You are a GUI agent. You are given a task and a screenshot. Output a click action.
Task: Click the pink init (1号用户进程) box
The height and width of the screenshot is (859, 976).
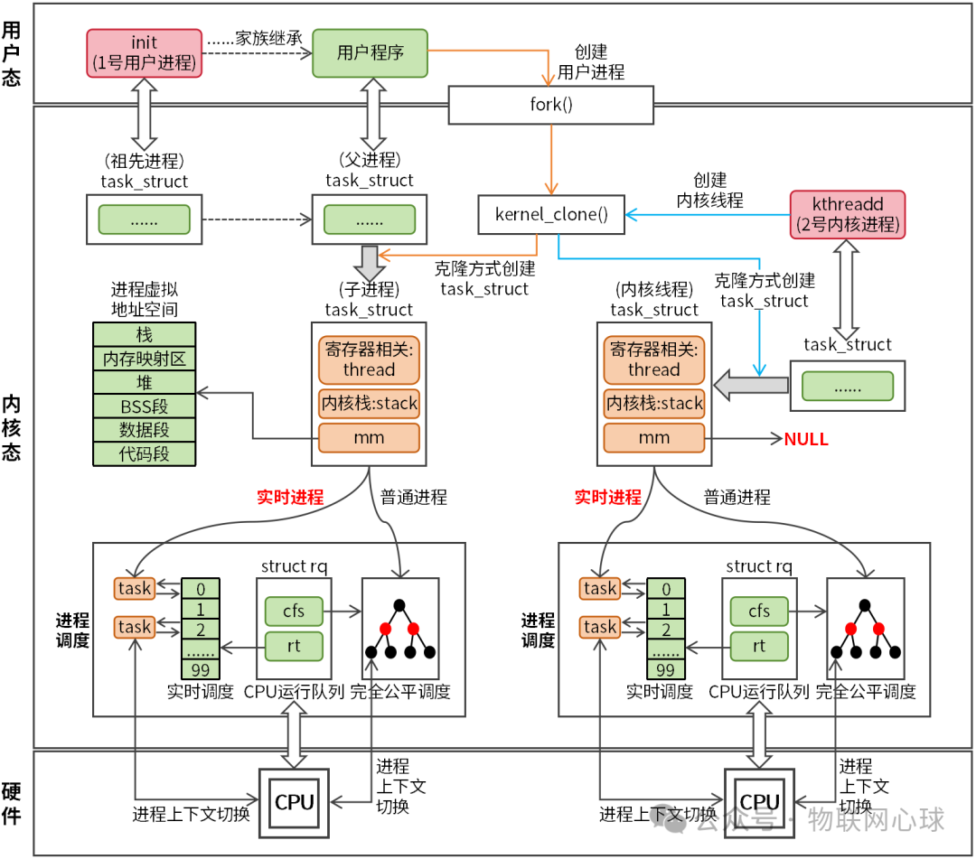[x=145, y=52]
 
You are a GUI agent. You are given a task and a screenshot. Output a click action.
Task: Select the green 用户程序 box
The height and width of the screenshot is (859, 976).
[x=370, y=52]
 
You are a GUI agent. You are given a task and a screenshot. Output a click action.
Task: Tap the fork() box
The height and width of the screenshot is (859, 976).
[x=550, y=105]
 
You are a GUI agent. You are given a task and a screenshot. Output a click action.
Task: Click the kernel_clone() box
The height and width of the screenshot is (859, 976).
[x=551, y=214]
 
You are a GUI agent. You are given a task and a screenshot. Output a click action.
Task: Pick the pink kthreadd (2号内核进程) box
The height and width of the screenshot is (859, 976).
[x=846, y=214]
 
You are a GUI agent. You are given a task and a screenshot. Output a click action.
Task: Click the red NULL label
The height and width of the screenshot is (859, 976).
[x=806, y=439]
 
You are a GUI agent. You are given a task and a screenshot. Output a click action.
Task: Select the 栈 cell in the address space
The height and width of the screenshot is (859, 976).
[x=145, y=335]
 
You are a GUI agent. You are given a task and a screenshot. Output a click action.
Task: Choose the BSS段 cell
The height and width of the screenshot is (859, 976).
[x=145, y=406]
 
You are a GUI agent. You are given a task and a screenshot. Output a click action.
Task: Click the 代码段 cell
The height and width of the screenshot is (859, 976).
[x=145, y=453]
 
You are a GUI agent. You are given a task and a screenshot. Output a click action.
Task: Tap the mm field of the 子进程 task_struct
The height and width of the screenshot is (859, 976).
[x=369, y=438]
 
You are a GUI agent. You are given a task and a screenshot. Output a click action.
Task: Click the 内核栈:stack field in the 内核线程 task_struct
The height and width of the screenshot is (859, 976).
[x=653, y=403]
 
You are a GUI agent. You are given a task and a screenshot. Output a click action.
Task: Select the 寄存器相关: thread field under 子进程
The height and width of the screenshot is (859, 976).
[x=369, y=359]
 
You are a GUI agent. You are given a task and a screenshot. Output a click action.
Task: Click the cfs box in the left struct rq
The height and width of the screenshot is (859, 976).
[x=294, y=612]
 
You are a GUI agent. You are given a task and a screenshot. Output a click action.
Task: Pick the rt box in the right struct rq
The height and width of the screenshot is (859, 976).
[x=759, y=646]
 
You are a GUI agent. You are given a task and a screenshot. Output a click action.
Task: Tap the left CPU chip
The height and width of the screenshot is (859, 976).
[x=295, y=801]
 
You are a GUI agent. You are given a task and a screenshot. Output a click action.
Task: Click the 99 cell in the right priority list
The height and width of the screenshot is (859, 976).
[x=665, y=669]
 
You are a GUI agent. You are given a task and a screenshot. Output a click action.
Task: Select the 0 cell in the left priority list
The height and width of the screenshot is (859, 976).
[x=200, y=589]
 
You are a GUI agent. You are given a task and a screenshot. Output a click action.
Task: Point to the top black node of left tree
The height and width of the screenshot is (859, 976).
[x=399, y=605]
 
